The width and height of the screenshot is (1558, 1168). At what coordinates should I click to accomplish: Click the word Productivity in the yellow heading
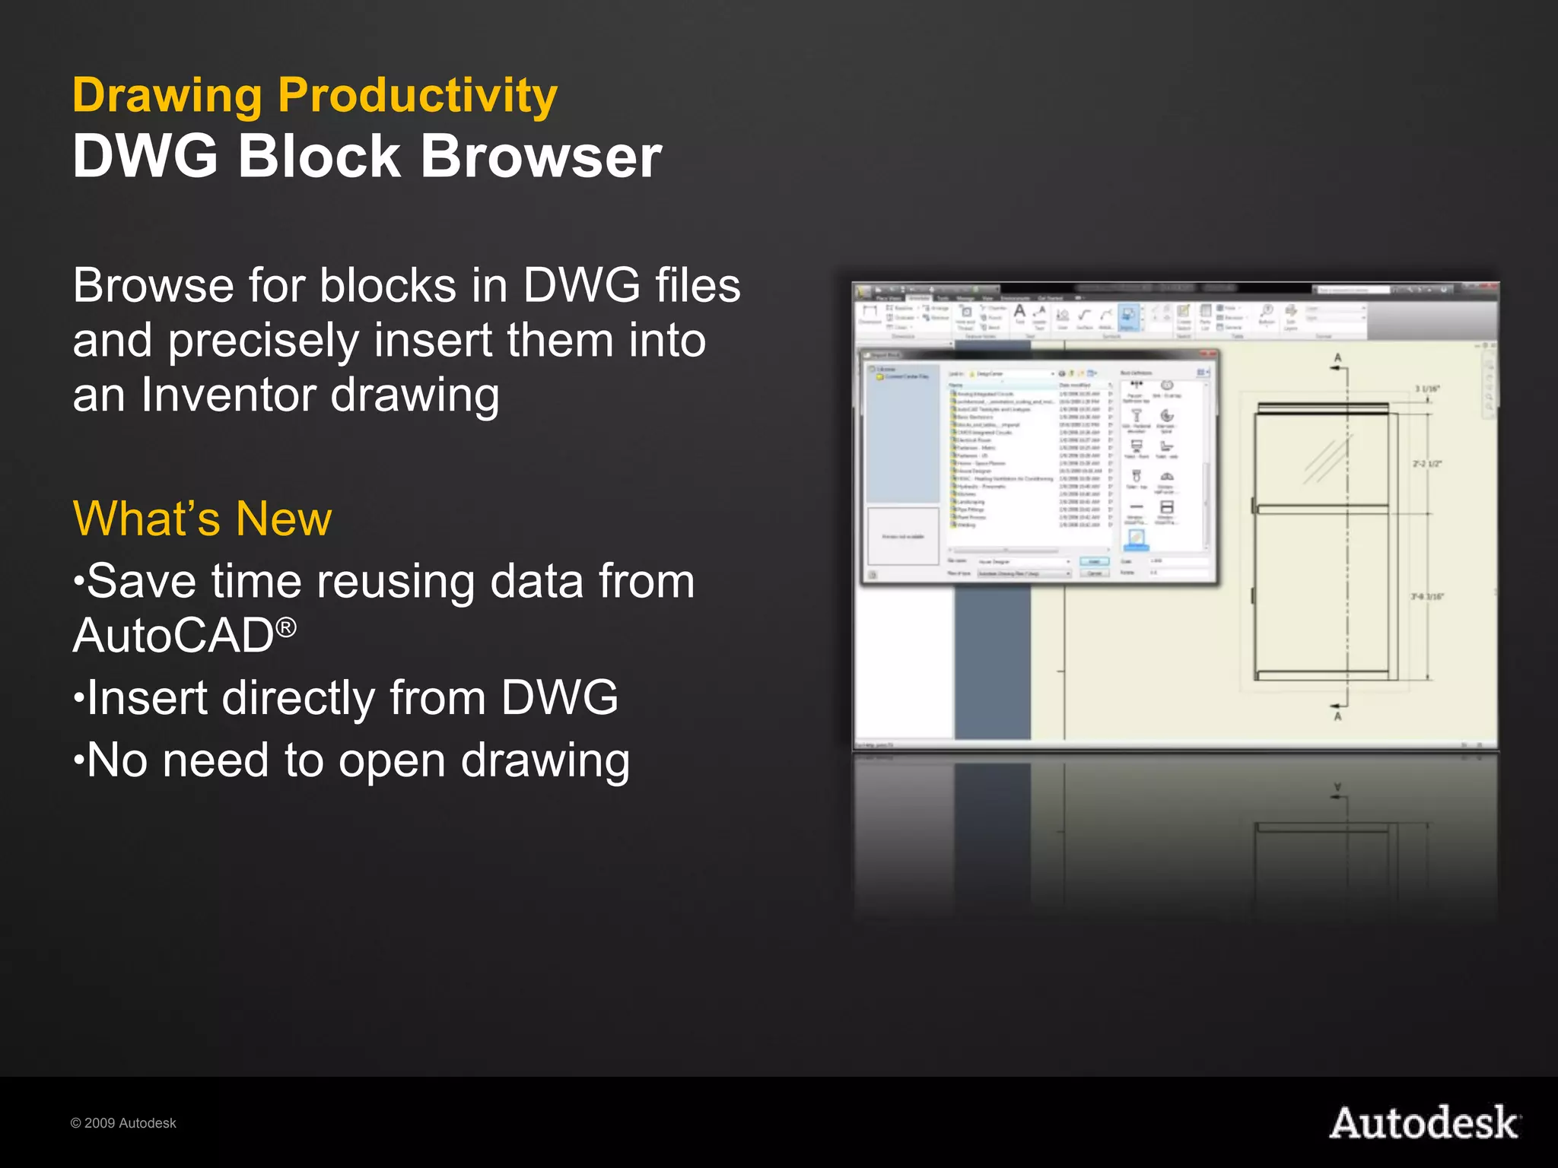pyautogui.click(x=417, y=96)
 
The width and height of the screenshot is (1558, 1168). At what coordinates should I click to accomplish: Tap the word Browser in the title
pyautogui.click(x=541, y=157)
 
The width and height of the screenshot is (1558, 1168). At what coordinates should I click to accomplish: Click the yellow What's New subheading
pyautogui.click(x=202, y=519)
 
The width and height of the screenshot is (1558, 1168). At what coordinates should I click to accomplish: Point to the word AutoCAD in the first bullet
pyautogui.click(x=173, y=636)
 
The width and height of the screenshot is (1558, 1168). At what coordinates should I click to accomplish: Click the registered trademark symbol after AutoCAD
pyautogui.click(x=286, y=627)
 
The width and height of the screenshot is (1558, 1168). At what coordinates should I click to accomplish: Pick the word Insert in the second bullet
pyautogui.click(x=146, y=698)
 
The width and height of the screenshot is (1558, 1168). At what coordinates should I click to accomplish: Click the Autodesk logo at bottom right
pyautogui.click(x=1424, y=1123)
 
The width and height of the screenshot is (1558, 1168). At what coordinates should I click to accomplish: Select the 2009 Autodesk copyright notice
pyautogui.click(x=123, y=1123)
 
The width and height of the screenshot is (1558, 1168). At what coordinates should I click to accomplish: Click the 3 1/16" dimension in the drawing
pyautogui.click(x=1427, y=389)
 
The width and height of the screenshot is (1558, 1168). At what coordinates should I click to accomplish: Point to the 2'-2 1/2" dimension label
pyautogui.click(x=1427, y=463)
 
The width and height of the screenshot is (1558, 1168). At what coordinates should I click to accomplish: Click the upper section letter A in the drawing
pyautogui.click(x=1338, y=357)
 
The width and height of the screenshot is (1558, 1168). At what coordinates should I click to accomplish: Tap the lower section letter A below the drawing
pyautogui.click(x=1338, y=716)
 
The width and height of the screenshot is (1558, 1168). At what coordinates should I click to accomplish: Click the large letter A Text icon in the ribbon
pyautogui.click(x=1019, y=311)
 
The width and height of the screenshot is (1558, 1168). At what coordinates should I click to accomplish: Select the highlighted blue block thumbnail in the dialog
pyautogui.click(x=1136, y=538)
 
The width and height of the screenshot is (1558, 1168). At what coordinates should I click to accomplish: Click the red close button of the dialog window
pyautogui.click(x=1207, y=354)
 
